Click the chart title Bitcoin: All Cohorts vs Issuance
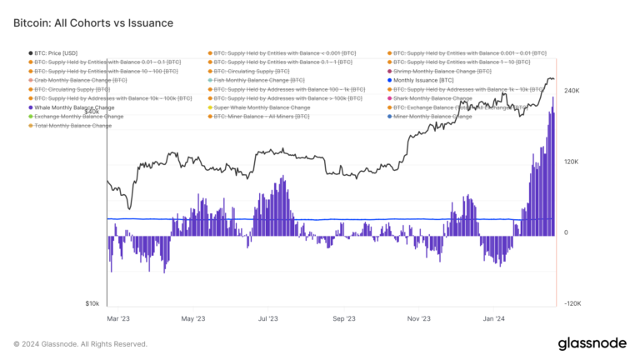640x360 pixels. tap(93, 23)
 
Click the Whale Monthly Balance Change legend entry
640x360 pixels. tap(75, 107)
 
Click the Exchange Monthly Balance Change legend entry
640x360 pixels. tap(78, 117)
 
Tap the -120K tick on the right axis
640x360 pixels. tap(572, 304)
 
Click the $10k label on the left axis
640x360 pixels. tap(92, 304)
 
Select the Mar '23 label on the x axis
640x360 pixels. tap(118, 318)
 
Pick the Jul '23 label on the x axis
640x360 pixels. tap(268, 318)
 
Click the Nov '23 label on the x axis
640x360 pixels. tap(419, 318)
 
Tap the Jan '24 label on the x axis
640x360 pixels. tap(494, 318)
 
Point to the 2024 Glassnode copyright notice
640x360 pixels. tap(80, 343)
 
